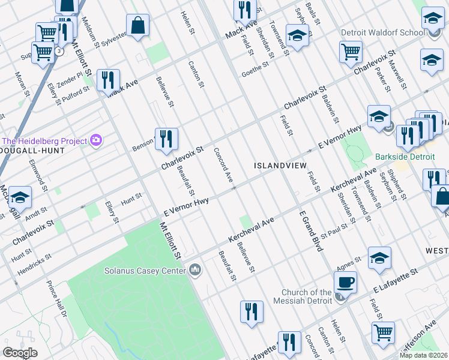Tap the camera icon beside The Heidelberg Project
point(96,141)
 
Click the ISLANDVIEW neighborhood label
point(280,165)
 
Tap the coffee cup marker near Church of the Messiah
point(345,281)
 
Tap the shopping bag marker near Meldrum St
point(137,25)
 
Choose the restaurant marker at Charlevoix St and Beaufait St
point(166,139)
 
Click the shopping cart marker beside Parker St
point(351,51)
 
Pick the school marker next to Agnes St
point(379,257)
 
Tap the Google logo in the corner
point(20,353)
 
